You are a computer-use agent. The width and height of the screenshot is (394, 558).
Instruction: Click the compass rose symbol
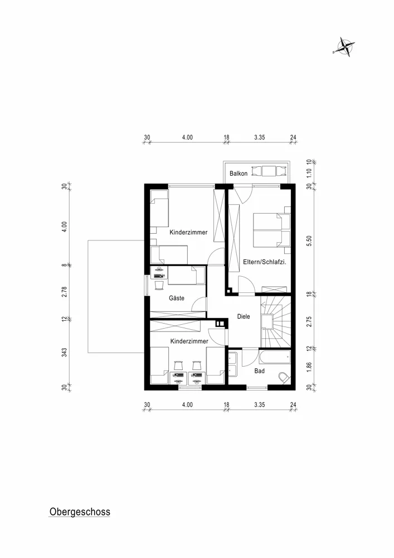[344, 47]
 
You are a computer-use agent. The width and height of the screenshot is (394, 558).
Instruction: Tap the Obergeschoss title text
[80, 512]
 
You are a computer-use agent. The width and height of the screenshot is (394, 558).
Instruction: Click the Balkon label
[239, 174]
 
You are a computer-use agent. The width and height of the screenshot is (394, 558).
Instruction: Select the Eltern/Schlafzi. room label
[265, 262]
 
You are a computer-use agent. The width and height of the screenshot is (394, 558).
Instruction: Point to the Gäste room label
[177, 298]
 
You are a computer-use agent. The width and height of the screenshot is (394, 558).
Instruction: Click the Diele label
[244, 316]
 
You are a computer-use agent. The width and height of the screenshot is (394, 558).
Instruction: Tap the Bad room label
[259, 371]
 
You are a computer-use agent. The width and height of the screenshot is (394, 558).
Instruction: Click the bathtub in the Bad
[275, 357]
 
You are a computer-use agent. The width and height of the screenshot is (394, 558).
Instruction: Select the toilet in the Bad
[284, 378]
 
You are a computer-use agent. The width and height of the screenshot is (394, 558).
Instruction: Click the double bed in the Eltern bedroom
[272, 230]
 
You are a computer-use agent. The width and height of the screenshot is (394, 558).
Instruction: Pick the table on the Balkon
[269, 171]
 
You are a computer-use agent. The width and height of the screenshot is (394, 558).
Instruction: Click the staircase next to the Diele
[276, 322]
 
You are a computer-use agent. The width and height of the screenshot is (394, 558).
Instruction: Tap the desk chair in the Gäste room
[159, 285]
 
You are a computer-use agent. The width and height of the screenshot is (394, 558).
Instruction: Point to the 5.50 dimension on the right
[309, 241]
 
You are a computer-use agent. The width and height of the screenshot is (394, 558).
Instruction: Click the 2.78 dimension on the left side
[64, 292]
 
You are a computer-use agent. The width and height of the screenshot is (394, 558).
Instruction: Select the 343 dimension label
[64, 353]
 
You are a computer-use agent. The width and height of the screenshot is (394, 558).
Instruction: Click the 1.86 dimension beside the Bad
[309, 367]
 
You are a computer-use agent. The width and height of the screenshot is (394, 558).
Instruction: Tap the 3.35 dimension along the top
[259, 137]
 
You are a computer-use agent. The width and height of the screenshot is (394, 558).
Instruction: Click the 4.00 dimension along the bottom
[187, 405]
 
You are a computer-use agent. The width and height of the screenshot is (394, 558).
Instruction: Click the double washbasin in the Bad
[233, 364]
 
